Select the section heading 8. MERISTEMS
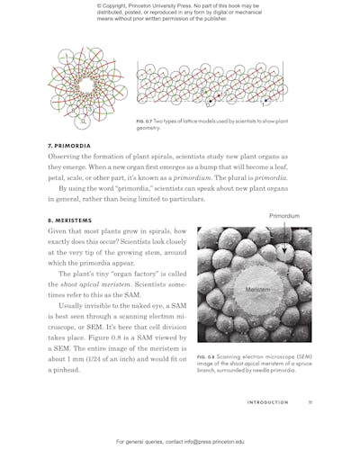(x=71, y=220)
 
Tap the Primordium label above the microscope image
(x=284, y=217)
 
